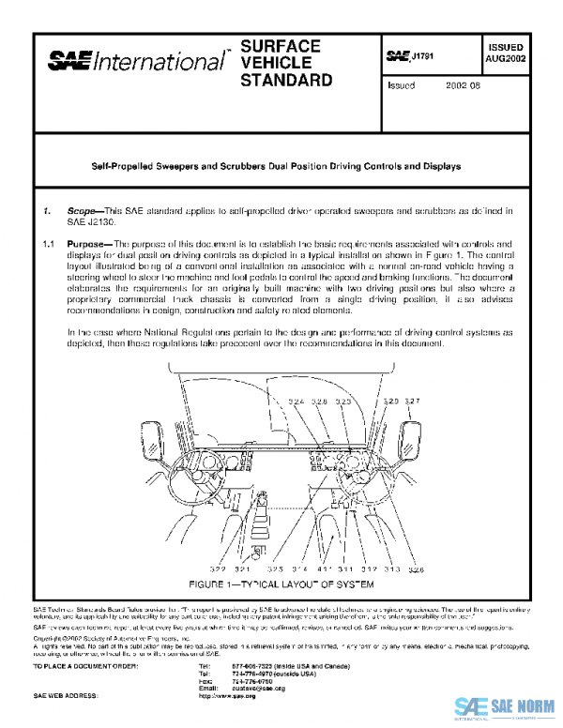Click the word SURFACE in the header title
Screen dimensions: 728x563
281,46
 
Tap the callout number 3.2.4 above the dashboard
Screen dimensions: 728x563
297,402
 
